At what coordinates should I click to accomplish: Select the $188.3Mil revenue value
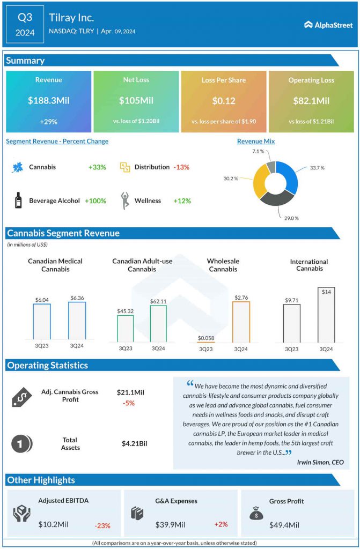pyautogui.click(x=48, y=100)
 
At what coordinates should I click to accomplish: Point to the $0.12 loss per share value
pyautogui.click(x=224, y=100)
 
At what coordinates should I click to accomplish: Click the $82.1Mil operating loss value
pyautogui.click(x=311, y=100)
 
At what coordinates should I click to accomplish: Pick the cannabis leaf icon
pyautogui.click(x=18, y=167)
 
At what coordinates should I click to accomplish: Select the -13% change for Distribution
pyautogui.click(x=181, y=167)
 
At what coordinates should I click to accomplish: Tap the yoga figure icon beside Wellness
pyautogui.click(x=126, y=200)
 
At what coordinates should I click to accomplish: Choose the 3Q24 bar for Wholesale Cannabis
pyautogui.click(x=240, y=321)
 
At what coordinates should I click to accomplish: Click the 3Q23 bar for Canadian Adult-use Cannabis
pyautogui.click(x=125, y=328)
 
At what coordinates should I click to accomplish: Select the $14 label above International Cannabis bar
pyautogui.click(x=326, y=292)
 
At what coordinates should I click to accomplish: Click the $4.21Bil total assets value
pyautogui.click(x=134, y=443)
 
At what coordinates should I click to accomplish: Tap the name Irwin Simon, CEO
pyautogui.click(x=319, y=462)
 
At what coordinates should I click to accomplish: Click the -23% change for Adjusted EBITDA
pyautogui.click(x=103, y=526)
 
